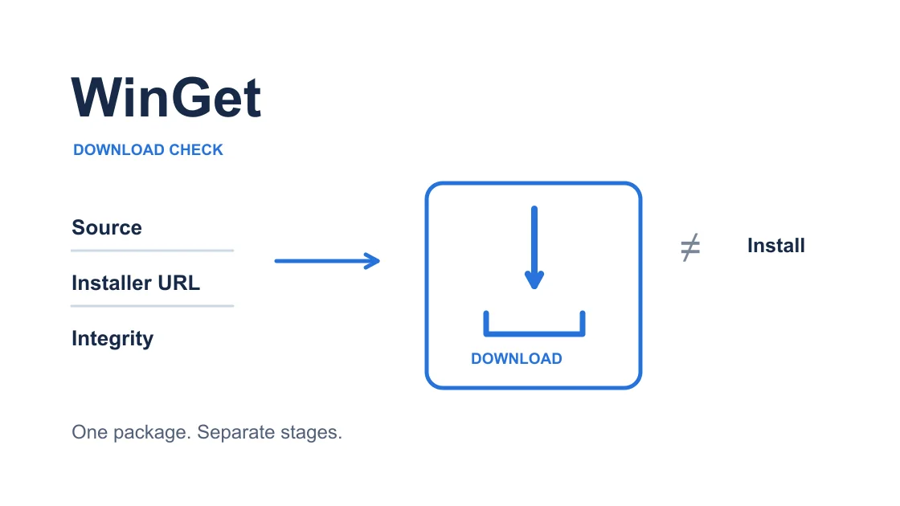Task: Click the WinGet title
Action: [x=166, y=97]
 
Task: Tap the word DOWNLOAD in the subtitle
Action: [x=119, y=149]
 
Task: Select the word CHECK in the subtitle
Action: [x=196, y=149]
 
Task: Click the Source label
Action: [x=107, y=227]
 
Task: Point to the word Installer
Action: [x=112, y=283]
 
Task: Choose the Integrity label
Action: [x=112, y=338]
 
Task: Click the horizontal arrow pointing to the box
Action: [x=327, y=261]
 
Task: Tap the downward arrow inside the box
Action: [x=534, y=247]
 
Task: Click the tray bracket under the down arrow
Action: [x=534, y=333]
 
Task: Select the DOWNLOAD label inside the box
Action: [x=517, y=358]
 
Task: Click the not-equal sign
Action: [x=690, y=247]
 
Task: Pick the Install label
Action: [x=776, y=246]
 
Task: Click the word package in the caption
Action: [x=152, y=433]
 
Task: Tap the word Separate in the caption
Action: [x=236, y=433]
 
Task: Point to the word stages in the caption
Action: [x=311, y=433]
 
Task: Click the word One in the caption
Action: [x=89, y=432]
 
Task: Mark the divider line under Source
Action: [x=152, y=251]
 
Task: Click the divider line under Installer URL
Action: [x=152, y=306]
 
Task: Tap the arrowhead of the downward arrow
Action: [x=534, y=280]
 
